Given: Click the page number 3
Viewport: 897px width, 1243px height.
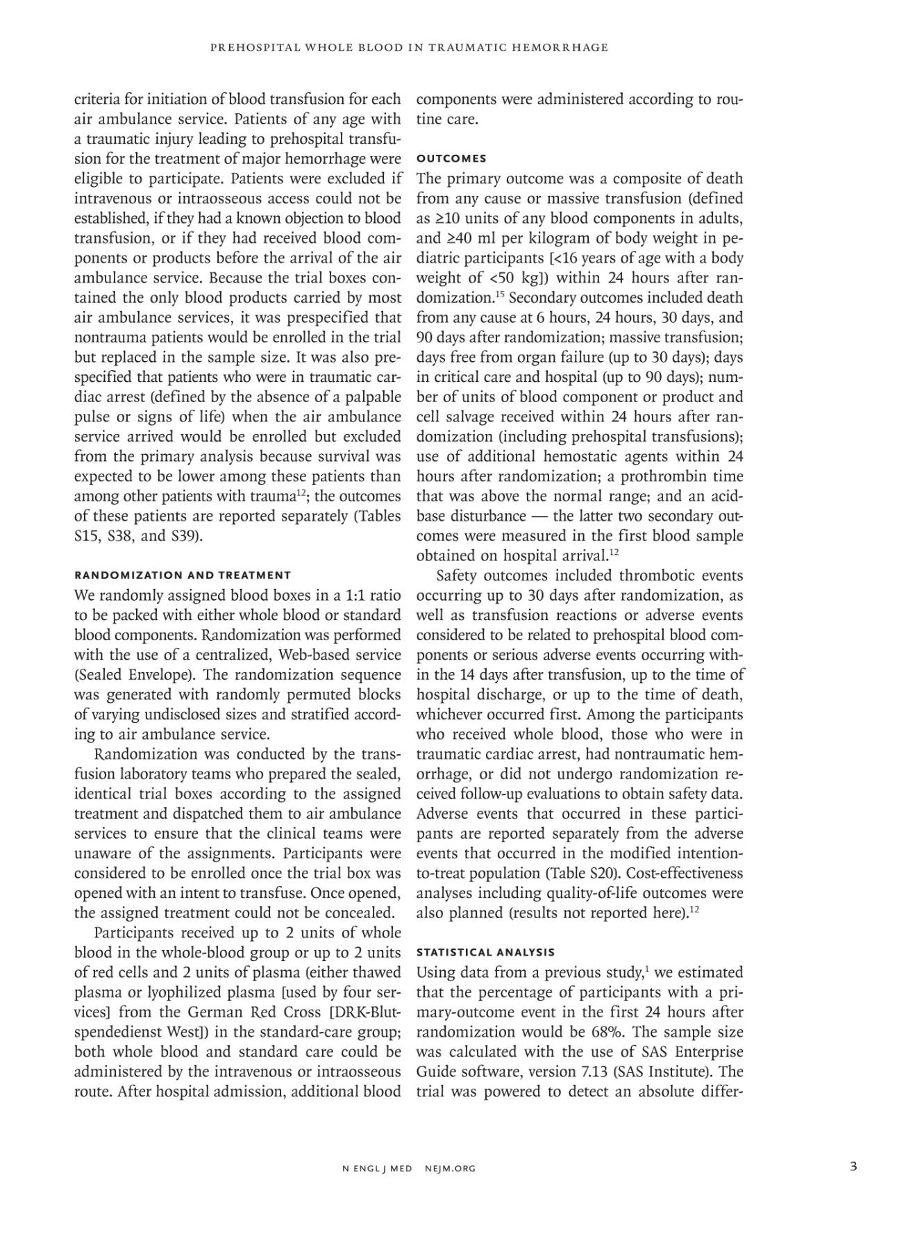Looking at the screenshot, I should tap(853, 1166).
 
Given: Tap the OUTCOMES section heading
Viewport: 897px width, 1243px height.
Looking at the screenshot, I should tap(451, 158).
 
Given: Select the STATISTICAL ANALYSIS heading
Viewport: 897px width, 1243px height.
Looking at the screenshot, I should tap(485, 952).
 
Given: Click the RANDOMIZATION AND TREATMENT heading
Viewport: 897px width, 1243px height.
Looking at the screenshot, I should tap(183, 575).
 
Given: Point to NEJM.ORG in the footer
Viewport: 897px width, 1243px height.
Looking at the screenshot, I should tap(450, 1168).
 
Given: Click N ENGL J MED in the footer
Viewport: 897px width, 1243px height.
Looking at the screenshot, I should tap(377, 1168).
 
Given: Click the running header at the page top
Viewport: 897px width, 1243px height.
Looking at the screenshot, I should tap(409, 47).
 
